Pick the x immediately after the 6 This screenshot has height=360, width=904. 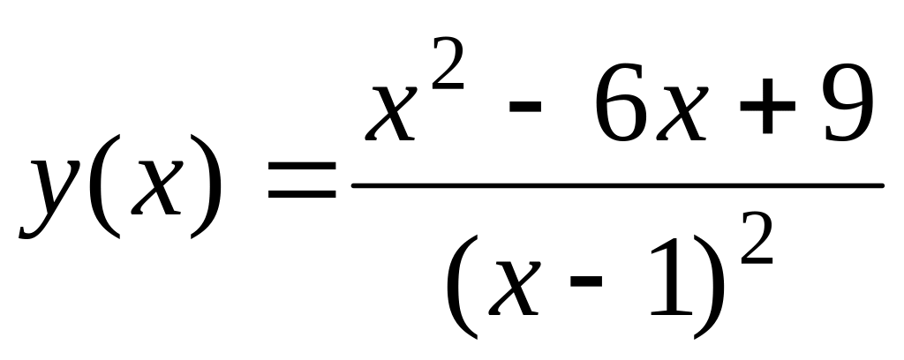pyautogui.click(x=683, y=113)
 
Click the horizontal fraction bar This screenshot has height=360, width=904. pyautogui.click(x=618, y=185)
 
